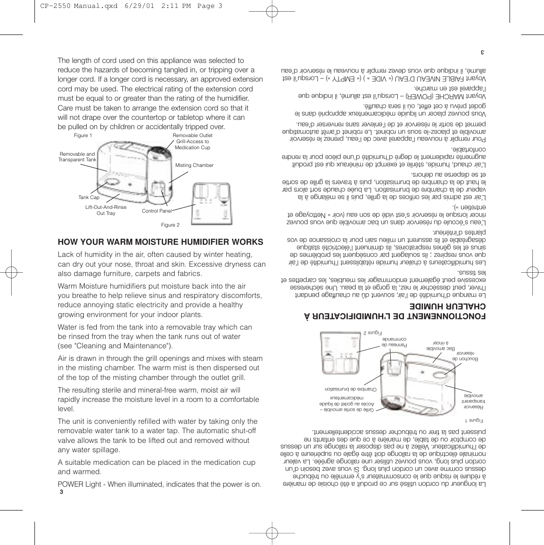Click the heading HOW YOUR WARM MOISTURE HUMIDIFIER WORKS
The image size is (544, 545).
tap(160, 242)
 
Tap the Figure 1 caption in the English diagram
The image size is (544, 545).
tap(83, 136)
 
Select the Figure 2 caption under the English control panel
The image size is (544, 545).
tap(170, 225)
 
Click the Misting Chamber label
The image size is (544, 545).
tap(194, 166)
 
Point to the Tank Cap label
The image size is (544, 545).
tap(88, 198)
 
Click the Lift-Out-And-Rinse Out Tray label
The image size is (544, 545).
tap(106, 210)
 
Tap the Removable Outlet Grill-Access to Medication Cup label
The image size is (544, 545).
tap(192, 141)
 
